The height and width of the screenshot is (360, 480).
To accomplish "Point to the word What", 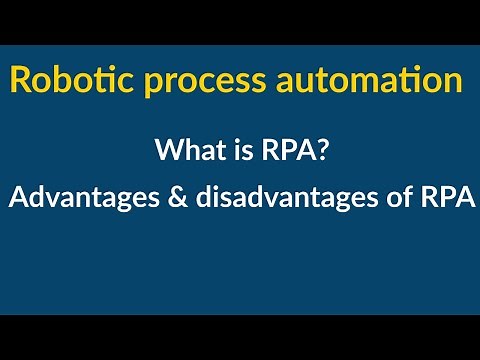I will pos(182,151).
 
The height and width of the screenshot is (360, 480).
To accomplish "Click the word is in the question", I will pos(228,151).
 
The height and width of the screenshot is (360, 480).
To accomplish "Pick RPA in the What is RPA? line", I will pos(274,151).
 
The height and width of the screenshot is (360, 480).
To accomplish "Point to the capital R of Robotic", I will pos(20,79).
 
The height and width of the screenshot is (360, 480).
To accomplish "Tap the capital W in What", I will pos(167,151).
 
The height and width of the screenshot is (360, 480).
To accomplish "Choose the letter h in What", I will pos(186,151).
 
